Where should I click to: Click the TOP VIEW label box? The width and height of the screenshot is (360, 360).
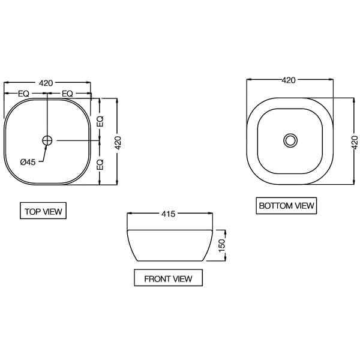(x=43, y=212)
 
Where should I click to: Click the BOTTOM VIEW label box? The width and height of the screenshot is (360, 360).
(x=286, y=206)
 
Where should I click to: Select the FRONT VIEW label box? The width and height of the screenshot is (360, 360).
(x=168, y=278)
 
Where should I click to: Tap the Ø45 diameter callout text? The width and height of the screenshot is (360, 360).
(x=28, y=161)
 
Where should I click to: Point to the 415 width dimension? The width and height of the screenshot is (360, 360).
(x=169, y=214)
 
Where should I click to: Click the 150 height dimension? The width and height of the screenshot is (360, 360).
(x=221, y=245)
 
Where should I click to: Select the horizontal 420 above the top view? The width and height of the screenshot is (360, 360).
(x=46, y=83)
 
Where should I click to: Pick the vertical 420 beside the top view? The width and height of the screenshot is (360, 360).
(x=118, y=142)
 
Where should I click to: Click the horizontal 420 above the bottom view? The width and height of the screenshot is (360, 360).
(x=289, y=79)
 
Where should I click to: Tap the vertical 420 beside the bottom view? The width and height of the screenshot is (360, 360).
(x=355, y=142)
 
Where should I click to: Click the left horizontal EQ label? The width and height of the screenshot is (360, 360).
(x=24, y=94)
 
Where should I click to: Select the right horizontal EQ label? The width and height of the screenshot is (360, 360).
(x=67, y=94)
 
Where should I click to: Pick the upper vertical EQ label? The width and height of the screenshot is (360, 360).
(x=101, y=120)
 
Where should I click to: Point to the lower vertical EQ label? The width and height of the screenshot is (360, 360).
(x=101, y=163)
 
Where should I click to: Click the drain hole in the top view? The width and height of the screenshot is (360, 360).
(x=47, y=140)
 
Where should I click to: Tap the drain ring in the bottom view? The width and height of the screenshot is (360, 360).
(x=290, y=140)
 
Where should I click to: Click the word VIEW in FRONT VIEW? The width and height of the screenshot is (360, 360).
(x=182, y=278)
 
